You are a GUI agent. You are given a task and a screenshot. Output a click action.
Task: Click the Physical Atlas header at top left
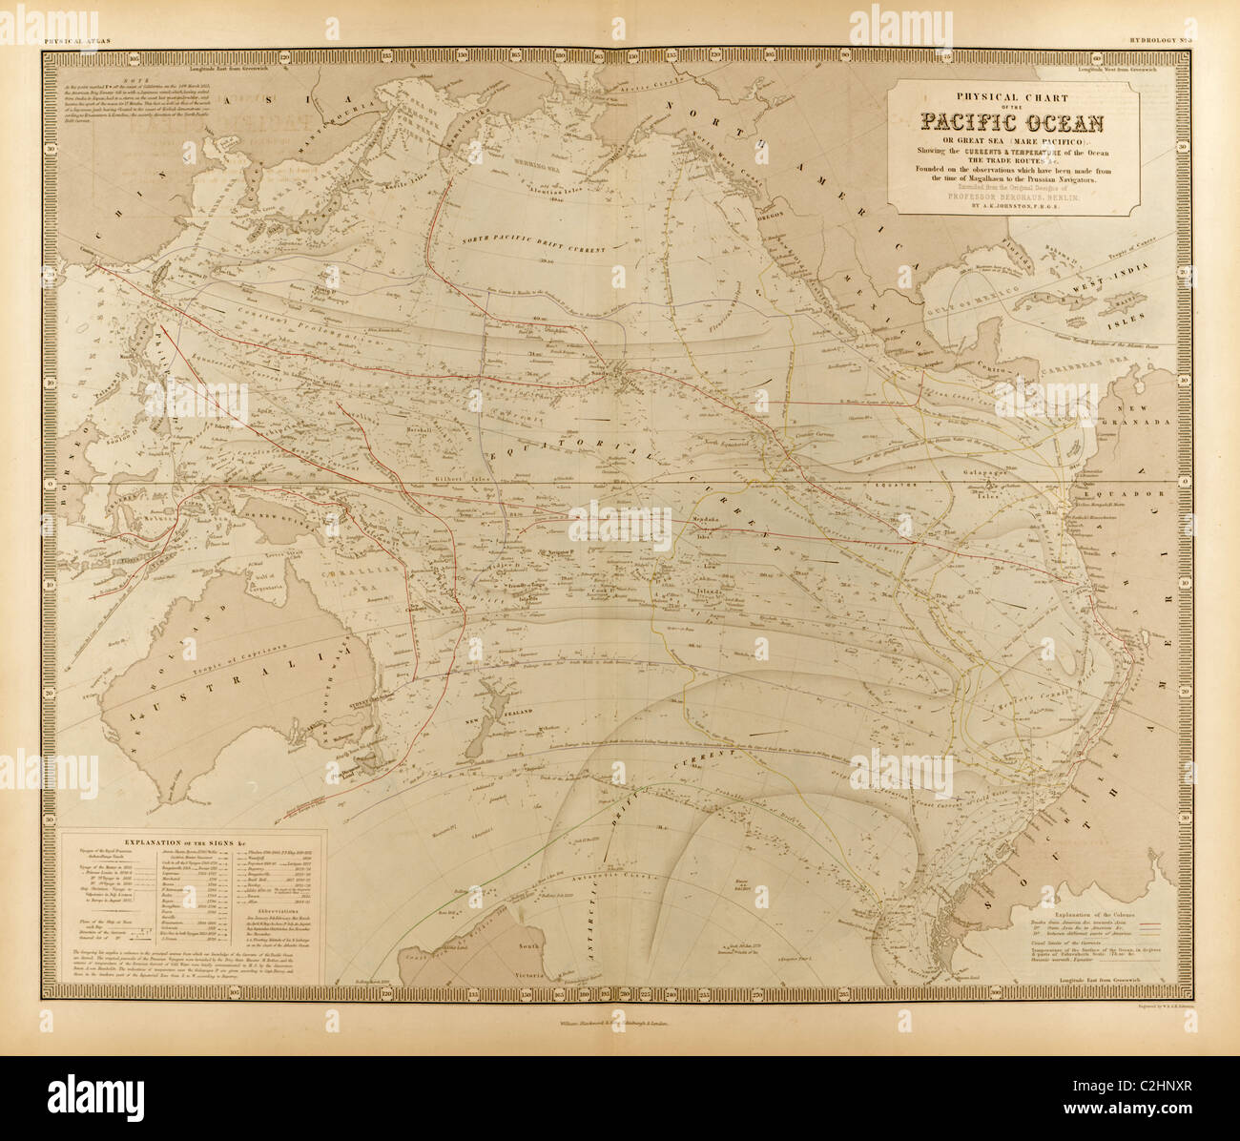tap(77, 40)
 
